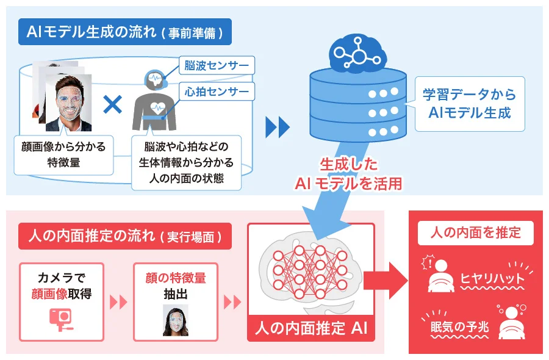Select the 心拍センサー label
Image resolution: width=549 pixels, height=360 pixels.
pos(217,92)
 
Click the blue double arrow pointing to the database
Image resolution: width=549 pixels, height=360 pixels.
pos(278,127)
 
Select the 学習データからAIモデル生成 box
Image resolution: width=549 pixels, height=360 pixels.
pos(470,104)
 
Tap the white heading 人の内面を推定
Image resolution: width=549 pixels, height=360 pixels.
pos(475,233)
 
